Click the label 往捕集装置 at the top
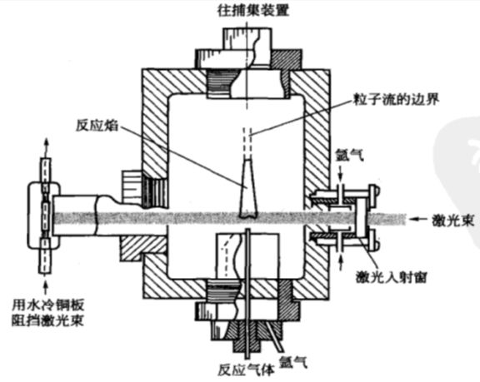tap(252, 11)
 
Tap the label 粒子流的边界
tap(397, 99)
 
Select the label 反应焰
tap(97, 126)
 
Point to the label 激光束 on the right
tap(452, 220)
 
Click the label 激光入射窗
tap(391, 277)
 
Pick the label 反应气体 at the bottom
tap(246, 370)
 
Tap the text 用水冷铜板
tap(47, 305)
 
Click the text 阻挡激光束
tap(47, 320)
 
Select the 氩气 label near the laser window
tap(350, 155)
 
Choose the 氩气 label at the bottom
tap(293, 362)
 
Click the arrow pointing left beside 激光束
tap(419, 219)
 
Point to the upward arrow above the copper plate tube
tap(46, 147)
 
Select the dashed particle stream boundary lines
tap(247, 142)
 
